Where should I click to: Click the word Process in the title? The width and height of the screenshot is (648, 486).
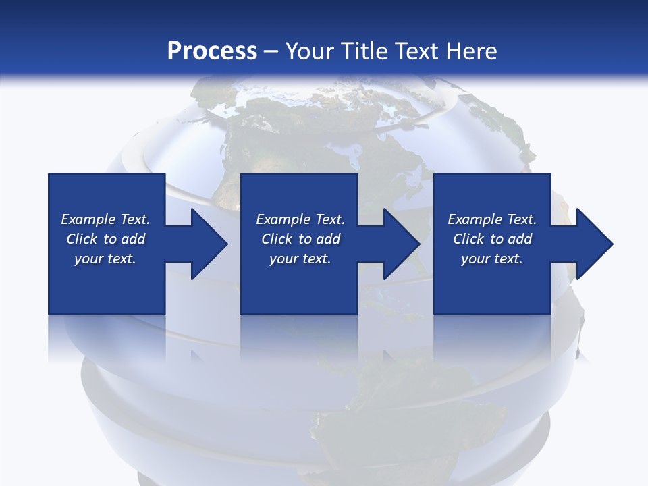[x=212, y=51]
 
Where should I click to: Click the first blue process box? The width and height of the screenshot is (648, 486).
[x=107, y=196]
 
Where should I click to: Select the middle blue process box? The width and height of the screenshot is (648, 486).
[x=299, y=196]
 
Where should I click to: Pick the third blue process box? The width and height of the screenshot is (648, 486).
[x=491, y=196]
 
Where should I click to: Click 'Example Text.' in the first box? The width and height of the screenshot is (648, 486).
[x=105, y=219]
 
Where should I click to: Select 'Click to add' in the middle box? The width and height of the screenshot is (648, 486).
[x=300, y=239]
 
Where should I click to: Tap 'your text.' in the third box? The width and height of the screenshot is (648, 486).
[x=491, y=259]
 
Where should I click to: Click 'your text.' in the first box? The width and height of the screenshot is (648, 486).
[x=105, y=259]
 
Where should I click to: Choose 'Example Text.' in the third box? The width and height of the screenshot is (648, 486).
[x=491, y=219]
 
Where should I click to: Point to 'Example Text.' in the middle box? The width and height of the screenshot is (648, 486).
[x=300, y=219]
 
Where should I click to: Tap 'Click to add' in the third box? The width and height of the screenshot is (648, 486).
[x=492, y=239]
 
